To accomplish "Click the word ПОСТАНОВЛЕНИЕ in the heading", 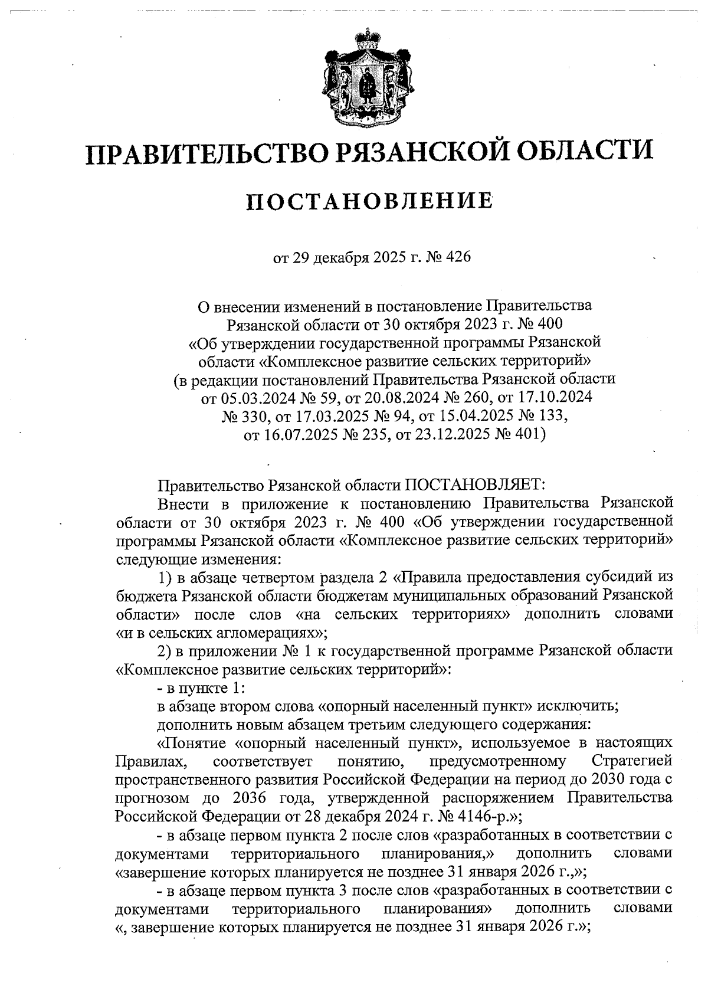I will [x=369, y=201].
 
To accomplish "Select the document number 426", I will [x=460, y=258].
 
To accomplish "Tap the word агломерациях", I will [x=271, y=633].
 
